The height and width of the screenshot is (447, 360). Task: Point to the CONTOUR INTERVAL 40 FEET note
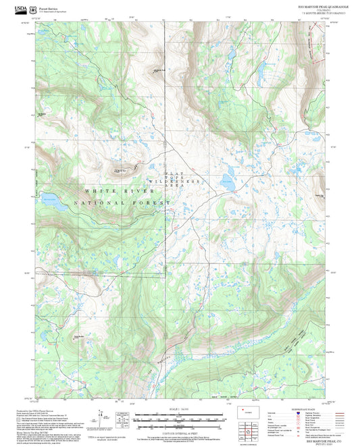pyautogui.click(x=179, y=424)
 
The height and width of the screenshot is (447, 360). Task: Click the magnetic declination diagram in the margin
pyautogui.click(x=120, y=417)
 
